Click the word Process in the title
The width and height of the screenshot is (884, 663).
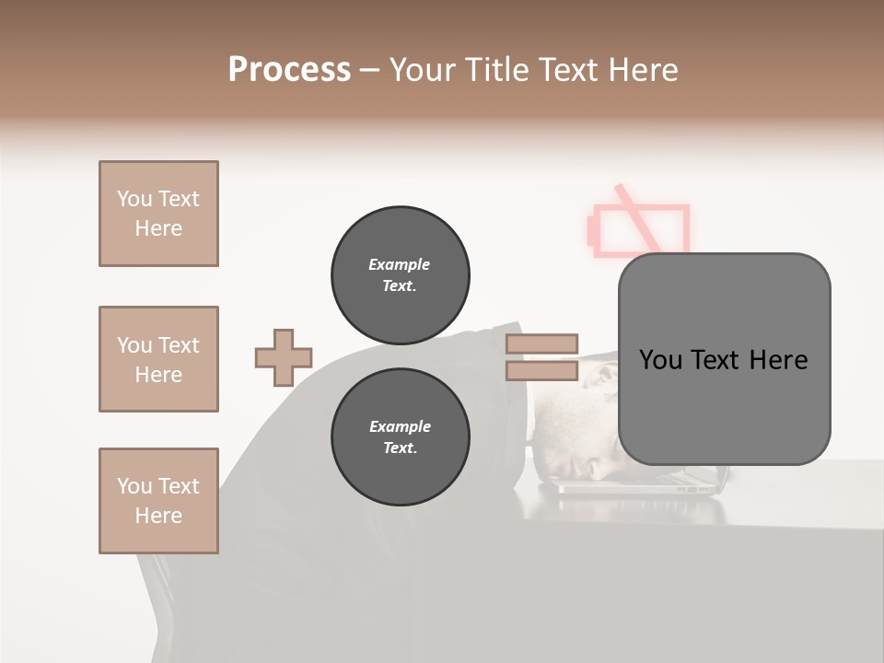click(x=289, y=70)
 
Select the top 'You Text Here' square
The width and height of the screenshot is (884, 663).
click(x=158, y=214)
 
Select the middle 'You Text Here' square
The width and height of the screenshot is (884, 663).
click(x=158, y=359)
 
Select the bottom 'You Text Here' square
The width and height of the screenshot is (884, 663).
click(x=158, y=501)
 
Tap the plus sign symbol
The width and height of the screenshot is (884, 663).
click(x=284, y=357)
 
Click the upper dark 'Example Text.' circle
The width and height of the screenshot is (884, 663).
click(x=400, y=274)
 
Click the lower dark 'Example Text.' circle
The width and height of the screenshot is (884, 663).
click(x=400, y=436)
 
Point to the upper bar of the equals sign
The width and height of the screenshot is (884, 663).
click(x=541, y=343)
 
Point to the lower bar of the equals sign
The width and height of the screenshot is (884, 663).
click(x=541, y=370)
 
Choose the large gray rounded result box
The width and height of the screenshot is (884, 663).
click(x=724, y=359)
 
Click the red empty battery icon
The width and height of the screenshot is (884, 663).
click(x=639, y=231)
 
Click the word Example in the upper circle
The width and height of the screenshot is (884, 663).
click(x=399, y=264)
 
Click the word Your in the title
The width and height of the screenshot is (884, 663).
click(x=424, y=70)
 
